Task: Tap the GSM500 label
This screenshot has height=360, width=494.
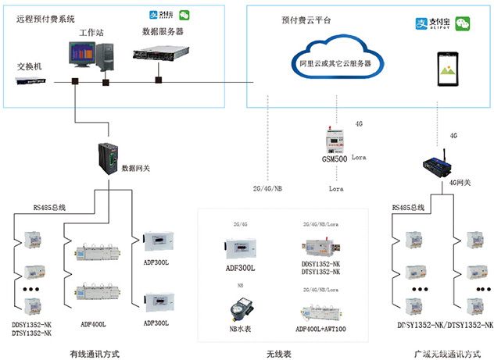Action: coord(335,159)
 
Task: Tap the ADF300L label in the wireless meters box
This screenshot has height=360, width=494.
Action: coord(241,269)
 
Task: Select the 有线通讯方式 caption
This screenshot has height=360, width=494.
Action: coord(93,353)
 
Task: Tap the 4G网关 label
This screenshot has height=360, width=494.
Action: coord(460,183)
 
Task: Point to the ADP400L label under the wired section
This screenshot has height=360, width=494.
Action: coord(93,323)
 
